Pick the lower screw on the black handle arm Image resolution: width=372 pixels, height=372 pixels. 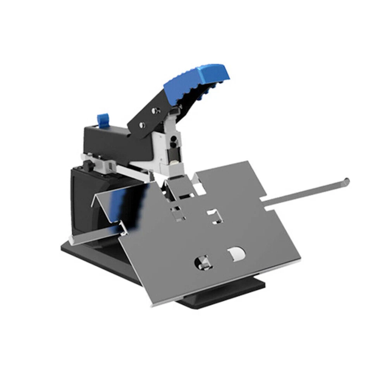pos(141,125)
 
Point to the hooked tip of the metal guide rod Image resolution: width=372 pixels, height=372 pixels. pos(346,181)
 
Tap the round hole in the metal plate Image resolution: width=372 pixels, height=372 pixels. pos(203,262)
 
